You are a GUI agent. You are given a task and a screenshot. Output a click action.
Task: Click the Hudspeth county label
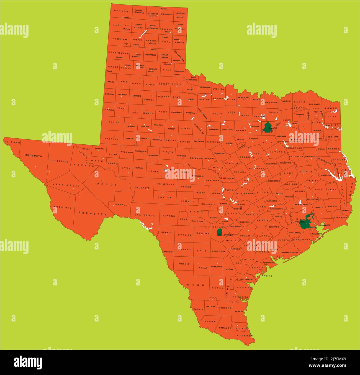pyautogui.click(x=33, y=156)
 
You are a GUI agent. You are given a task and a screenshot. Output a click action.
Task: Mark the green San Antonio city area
pyautogui.click(x=219, y=232)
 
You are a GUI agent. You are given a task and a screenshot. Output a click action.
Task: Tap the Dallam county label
pyautogui.click(x=121, y=11)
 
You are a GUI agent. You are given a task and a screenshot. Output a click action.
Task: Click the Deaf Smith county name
pyautogui.click(x=118, y=53)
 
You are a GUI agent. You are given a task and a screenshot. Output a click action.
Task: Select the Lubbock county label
pyautogui.click(x=136, y=96)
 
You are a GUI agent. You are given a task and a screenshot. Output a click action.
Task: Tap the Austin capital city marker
pyautogui.click(x=241, y=207)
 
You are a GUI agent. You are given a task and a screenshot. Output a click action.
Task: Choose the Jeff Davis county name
pyautogui.click(x=63, y=185)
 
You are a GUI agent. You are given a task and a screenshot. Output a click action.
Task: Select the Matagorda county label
pyautogui.click(x=290, y=252)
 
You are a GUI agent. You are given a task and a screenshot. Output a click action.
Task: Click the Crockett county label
pyautogui.click(x=142, y=188)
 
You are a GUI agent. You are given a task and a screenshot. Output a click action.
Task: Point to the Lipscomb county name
pyautogui.click(x=180, y=13)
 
